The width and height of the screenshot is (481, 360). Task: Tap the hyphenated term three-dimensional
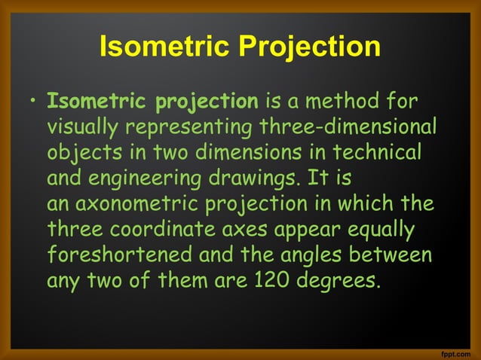click(x=347, y=127)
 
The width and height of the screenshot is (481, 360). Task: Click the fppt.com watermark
click(x=455, y=352)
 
